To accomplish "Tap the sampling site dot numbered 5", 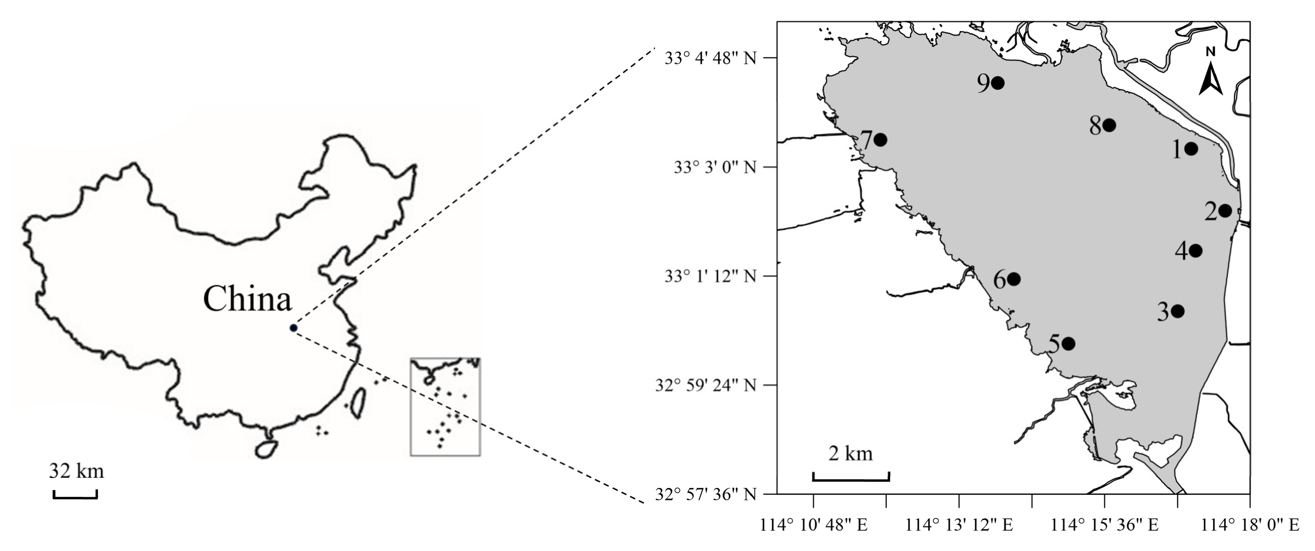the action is click(1068, 344).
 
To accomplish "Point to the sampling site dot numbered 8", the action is click(1109, 125).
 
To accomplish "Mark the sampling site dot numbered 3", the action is click(1178, 311).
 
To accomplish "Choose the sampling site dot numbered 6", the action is click(1013, 279).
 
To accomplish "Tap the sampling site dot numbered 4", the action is click(1195, 251).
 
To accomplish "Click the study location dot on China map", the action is click(293, 328).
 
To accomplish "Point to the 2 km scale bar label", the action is click(850, 453).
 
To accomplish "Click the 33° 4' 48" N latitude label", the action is click(710, 58).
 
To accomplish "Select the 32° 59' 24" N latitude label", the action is click(705, 385).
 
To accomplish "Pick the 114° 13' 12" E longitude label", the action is click(959, 525).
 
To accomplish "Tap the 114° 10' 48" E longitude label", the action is click(814, 525).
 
